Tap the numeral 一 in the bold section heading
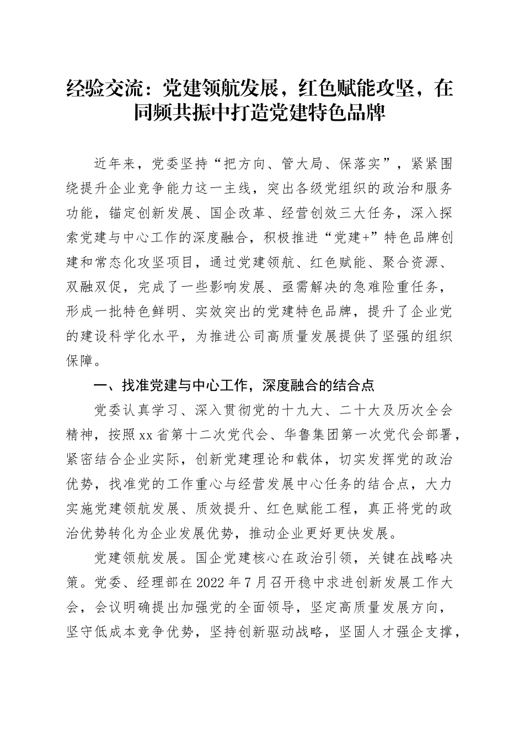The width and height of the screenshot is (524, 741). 100,385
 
